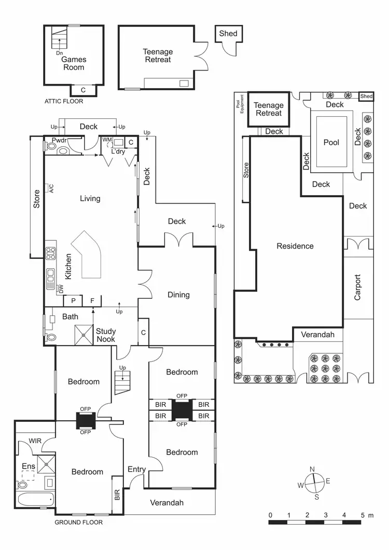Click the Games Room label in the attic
click(x=74, y=63)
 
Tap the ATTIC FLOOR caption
click(x=63, y=102)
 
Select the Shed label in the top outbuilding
click(x=228, y=34)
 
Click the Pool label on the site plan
click(x=331, y=142)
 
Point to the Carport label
click(x=357, y=287)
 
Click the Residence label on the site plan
click(x=295, y=246)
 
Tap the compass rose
click(x=314, y=481)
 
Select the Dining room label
click(x=178, y=295)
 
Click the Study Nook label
click(x=106, y=335)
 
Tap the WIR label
click(x=35, y=441)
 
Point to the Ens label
click(x=29, y=466)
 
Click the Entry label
click(x=137, y=470)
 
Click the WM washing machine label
click(x=107, y=140)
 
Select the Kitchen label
click(x=68, y=267)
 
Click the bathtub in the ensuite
click(x=33, y=501)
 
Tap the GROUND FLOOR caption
click(x=79, y=522)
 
